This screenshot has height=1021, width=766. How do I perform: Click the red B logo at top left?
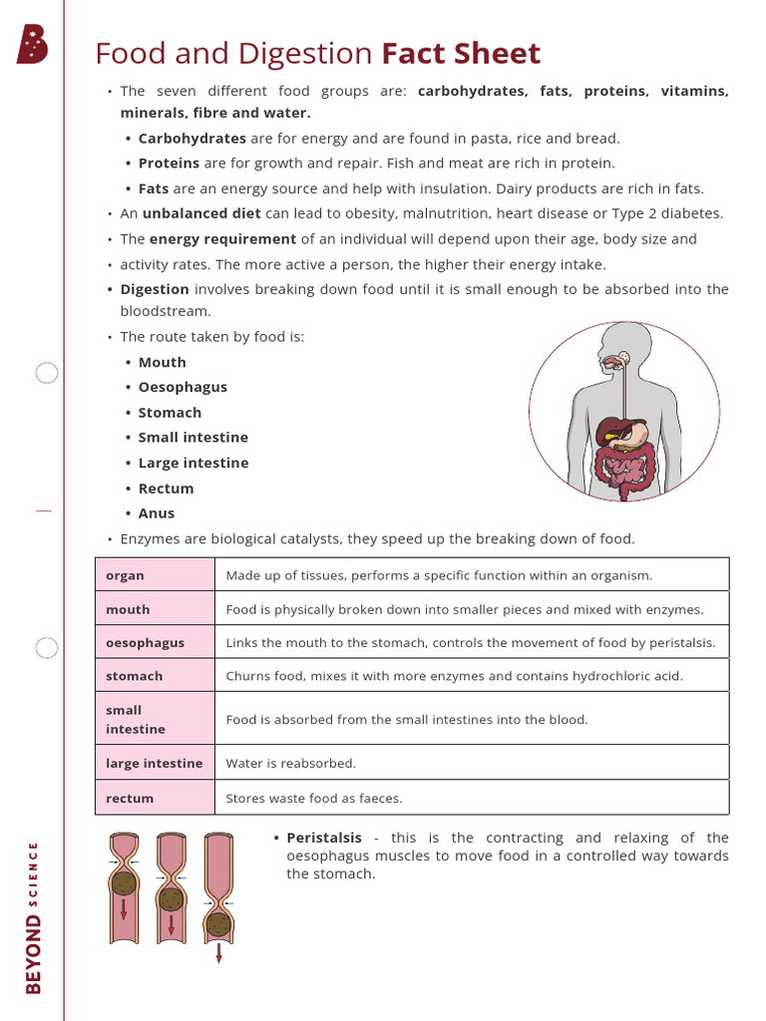(x=32, y=46)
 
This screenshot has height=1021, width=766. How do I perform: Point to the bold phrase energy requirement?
(x=222, y=239)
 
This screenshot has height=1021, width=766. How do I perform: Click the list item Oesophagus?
(x=183, y=387)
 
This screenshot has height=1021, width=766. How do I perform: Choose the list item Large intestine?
(x=193, y=463)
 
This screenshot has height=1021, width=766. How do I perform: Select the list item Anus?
(x=157, y=513)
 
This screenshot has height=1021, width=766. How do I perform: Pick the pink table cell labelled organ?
(x=155, y=575)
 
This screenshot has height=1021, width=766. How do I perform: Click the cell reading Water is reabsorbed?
(x=290, y=763)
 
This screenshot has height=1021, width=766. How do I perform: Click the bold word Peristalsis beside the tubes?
(x=324, y=838)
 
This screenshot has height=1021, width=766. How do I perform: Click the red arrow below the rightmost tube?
(x=218, y=953)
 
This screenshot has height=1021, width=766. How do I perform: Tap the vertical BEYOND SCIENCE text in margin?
(x=34, y=917)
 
